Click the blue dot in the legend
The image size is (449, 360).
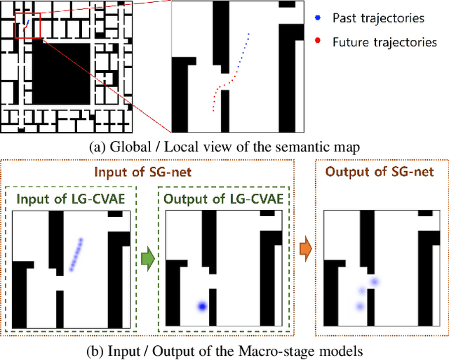click(319, 16)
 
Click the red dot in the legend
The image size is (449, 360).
click(319, 41)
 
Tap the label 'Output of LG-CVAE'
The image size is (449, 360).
click(223, 199)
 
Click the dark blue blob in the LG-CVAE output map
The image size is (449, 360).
click(202, 306)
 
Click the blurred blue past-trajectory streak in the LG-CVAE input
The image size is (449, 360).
click(76, 253)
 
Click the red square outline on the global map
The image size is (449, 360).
click(27, 25)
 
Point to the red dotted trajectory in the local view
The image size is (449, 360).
click(218, 96)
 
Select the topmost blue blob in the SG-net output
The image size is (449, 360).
click(374, 282)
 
